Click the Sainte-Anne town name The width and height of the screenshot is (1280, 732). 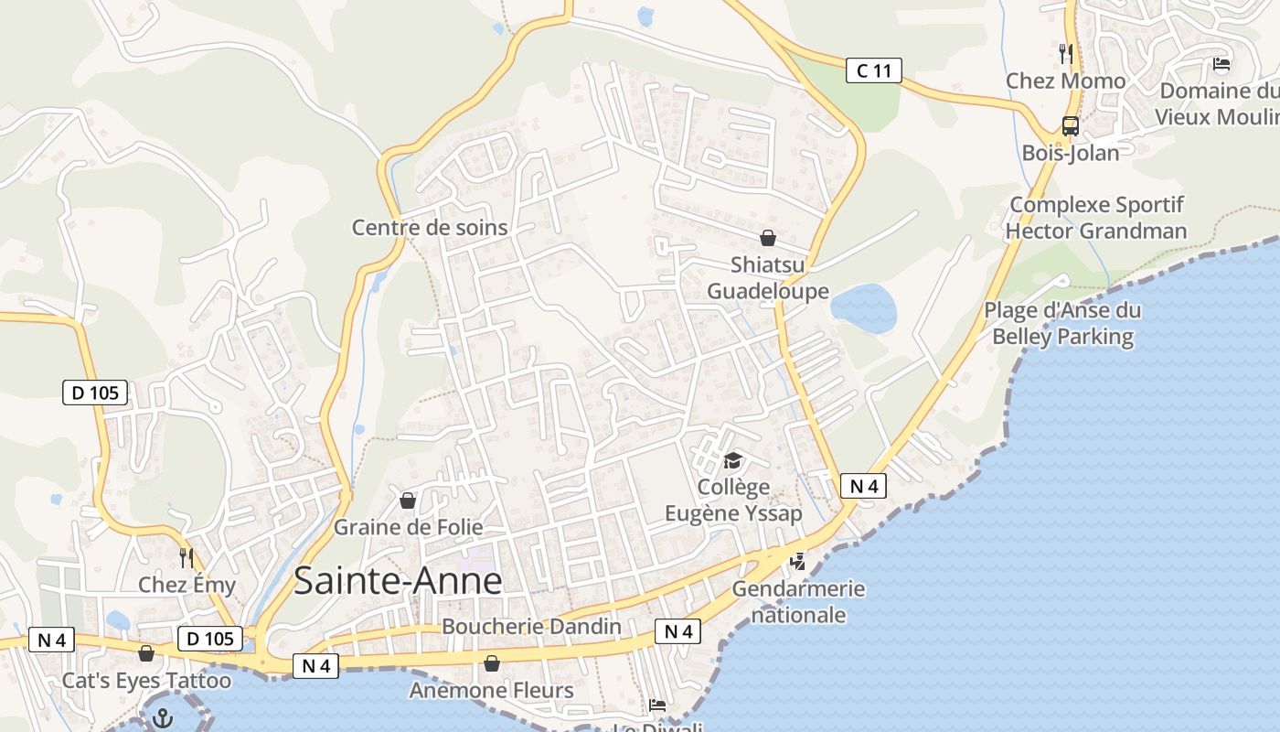point(398,581)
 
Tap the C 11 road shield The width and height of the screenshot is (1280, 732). point(873,70)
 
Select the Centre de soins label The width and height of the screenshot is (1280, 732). point(430,227)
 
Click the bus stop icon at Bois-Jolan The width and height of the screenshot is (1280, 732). point(1071,126)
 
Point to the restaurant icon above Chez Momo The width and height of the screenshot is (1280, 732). point(1065,54)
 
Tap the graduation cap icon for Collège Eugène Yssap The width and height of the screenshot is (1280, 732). point(732,459)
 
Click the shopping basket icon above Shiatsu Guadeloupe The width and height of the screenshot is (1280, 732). point(768,238)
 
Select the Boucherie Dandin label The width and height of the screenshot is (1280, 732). point(531,627)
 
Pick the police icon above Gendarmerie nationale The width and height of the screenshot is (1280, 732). point(798,561)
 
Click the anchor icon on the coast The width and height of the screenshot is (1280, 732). point(164,717)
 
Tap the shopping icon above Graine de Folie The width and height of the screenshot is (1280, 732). point(408,501)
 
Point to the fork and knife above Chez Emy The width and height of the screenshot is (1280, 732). point(187,558)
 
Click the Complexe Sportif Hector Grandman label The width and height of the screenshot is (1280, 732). point(1096,218)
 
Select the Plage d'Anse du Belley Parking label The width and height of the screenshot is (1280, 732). point(1062,323)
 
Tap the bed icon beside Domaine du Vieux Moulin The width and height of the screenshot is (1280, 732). point(1221,64)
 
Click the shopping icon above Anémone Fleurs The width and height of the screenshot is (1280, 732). point(492,663)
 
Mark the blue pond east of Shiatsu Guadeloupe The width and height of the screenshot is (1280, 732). point(864,308)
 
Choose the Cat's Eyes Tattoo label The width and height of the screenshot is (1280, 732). point(146,681)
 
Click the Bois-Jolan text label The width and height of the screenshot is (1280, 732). point(1071,153)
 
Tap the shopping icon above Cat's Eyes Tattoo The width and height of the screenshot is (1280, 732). point(146,653)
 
